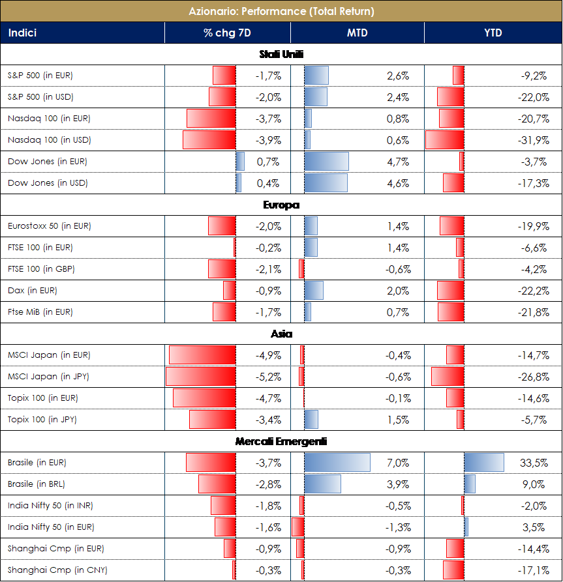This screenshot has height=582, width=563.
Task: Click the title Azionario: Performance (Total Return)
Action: [x=281, y=11]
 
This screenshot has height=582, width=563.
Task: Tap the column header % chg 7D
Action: [x=227, y=33]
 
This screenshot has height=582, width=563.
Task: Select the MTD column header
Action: [x=358, y=33]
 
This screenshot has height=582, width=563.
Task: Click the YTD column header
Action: [x=493, y=33]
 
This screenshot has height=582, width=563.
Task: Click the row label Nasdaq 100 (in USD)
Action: [x=49, y=140]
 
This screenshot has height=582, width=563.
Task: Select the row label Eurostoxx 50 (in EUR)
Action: [x=49, y=226]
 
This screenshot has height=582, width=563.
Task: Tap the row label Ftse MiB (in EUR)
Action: [x=40, y=312]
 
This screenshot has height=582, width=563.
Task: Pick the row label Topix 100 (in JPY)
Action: [x=42, y=420]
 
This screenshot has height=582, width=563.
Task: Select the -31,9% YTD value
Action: [x=533, y=140]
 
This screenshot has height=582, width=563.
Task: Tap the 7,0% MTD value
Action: [x=398, y=463]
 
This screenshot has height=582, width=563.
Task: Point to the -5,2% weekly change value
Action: [x=268, y=377]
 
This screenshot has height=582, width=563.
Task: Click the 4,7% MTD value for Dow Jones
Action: [x=398, y=162]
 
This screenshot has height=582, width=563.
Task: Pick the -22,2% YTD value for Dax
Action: [x=533, y=291]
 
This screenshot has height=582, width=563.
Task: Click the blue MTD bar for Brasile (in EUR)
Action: [x=337, y=463]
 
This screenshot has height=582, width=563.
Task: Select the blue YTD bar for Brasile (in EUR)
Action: [x=483, y=463]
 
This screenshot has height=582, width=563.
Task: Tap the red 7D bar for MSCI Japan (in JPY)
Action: [x=200, y=377]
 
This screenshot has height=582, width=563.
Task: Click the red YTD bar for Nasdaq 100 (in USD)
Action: [x=444, y=140]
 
